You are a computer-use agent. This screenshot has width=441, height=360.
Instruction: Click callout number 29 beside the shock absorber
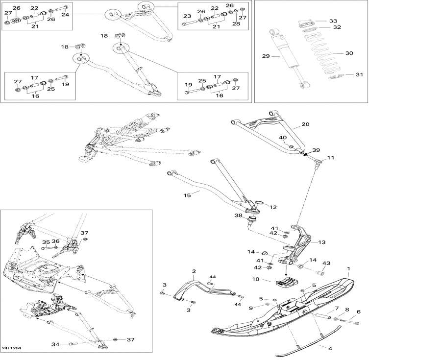click(266, 56)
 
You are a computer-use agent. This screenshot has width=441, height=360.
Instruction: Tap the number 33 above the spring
click(333, 21)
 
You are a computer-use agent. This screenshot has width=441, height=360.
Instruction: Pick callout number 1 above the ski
click(348, 269)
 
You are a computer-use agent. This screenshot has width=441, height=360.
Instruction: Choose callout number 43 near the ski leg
click(326, 264)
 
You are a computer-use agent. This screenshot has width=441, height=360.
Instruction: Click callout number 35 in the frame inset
click(46, 242)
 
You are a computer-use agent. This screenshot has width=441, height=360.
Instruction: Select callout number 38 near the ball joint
click(238, 215)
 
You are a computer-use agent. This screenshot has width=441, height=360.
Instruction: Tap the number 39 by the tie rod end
click(316, 150)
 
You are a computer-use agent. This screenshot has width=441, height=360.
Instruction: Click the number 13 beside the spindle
click(321, 242)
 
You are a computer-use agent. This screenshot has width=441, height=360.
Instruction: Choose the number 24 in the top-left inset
click(65, 15)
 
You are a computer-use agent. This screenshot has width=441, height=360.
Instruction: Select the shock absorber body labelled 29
click(289, 54)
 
